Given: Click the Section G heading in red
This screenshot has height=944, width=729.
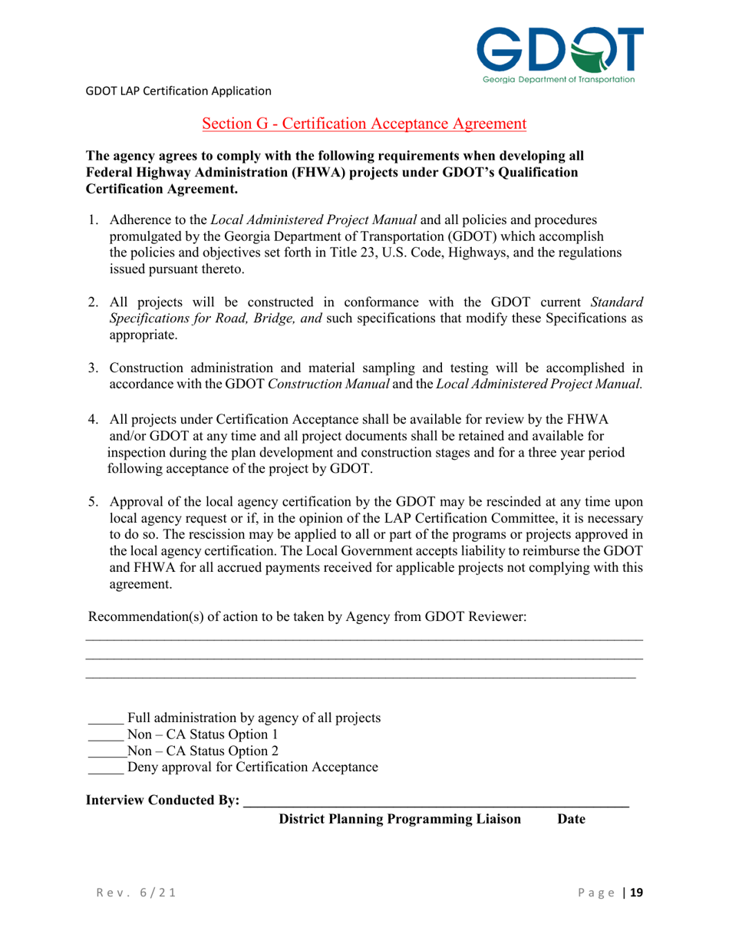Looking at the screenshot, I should [364, 123].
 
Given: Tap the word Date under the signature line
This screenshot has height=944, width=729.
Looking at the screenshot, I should [571, 820].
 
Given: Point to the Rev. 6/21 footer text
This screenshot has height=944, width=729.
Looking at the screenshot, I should [128, 893].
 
